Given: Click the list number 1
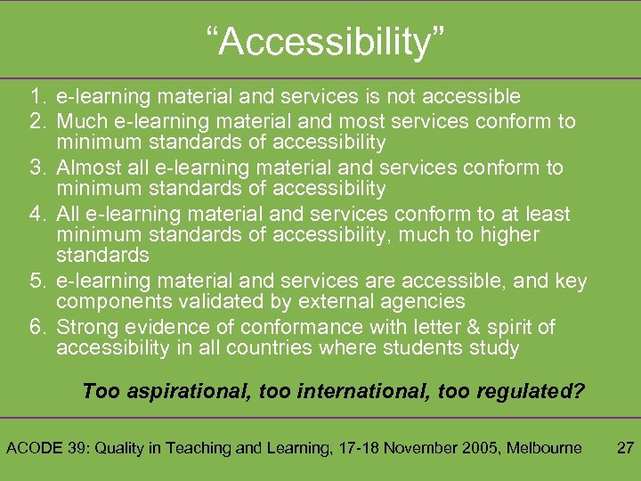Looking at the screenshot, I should click(x=36, y=96).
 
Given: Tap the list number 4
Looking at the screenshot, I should click(x=36, y=214).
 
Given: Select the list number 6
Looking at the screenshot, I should click(x=36, y=326).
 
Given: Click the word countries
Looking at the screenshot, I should click(x=254, y=347).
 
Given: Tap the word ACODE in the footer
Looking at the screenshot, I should click(x=34, y=448).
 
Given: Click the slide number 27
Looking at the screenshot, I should click(x=625, y=448).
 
